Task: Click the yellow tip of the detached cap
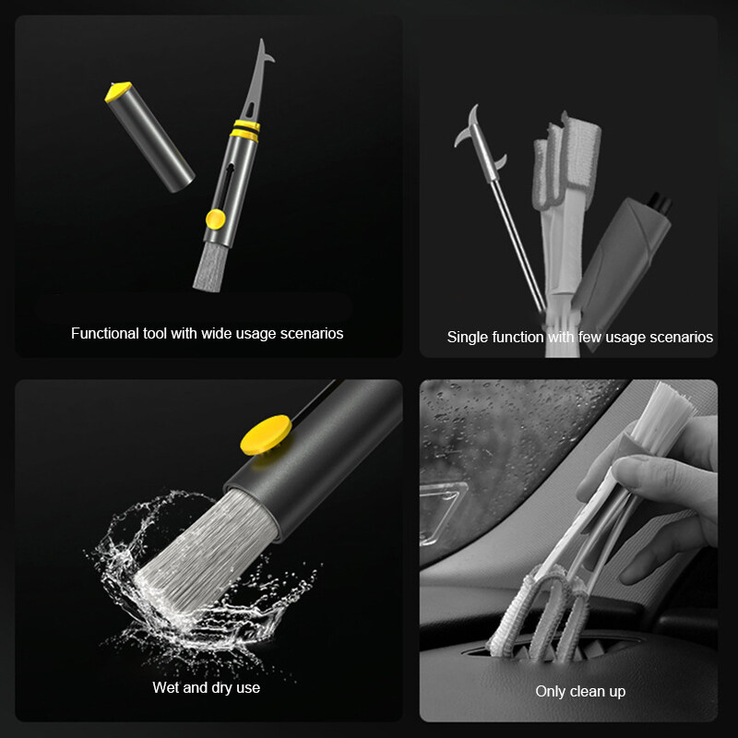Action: click(x=118, y=90)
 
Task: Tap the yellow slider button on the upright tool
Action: click(x=216, y=220)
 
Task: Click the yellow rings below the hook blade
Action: click(x=245, y=130)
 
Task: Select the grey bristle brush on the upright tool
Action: click(x=210, y=267)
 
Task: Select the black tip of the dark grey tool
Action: click(x=659, y=203)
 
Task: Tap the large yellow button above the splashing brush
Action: click(x=266, y=434)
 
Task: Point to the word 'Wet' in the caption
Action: click(x=167, y=687)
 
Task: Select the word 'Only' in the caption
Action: click(x=551, y=691)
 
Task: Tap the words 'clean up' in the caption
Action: click(x=597, y=691)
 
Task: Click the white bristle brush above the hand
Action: click(x=662, y=414)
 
